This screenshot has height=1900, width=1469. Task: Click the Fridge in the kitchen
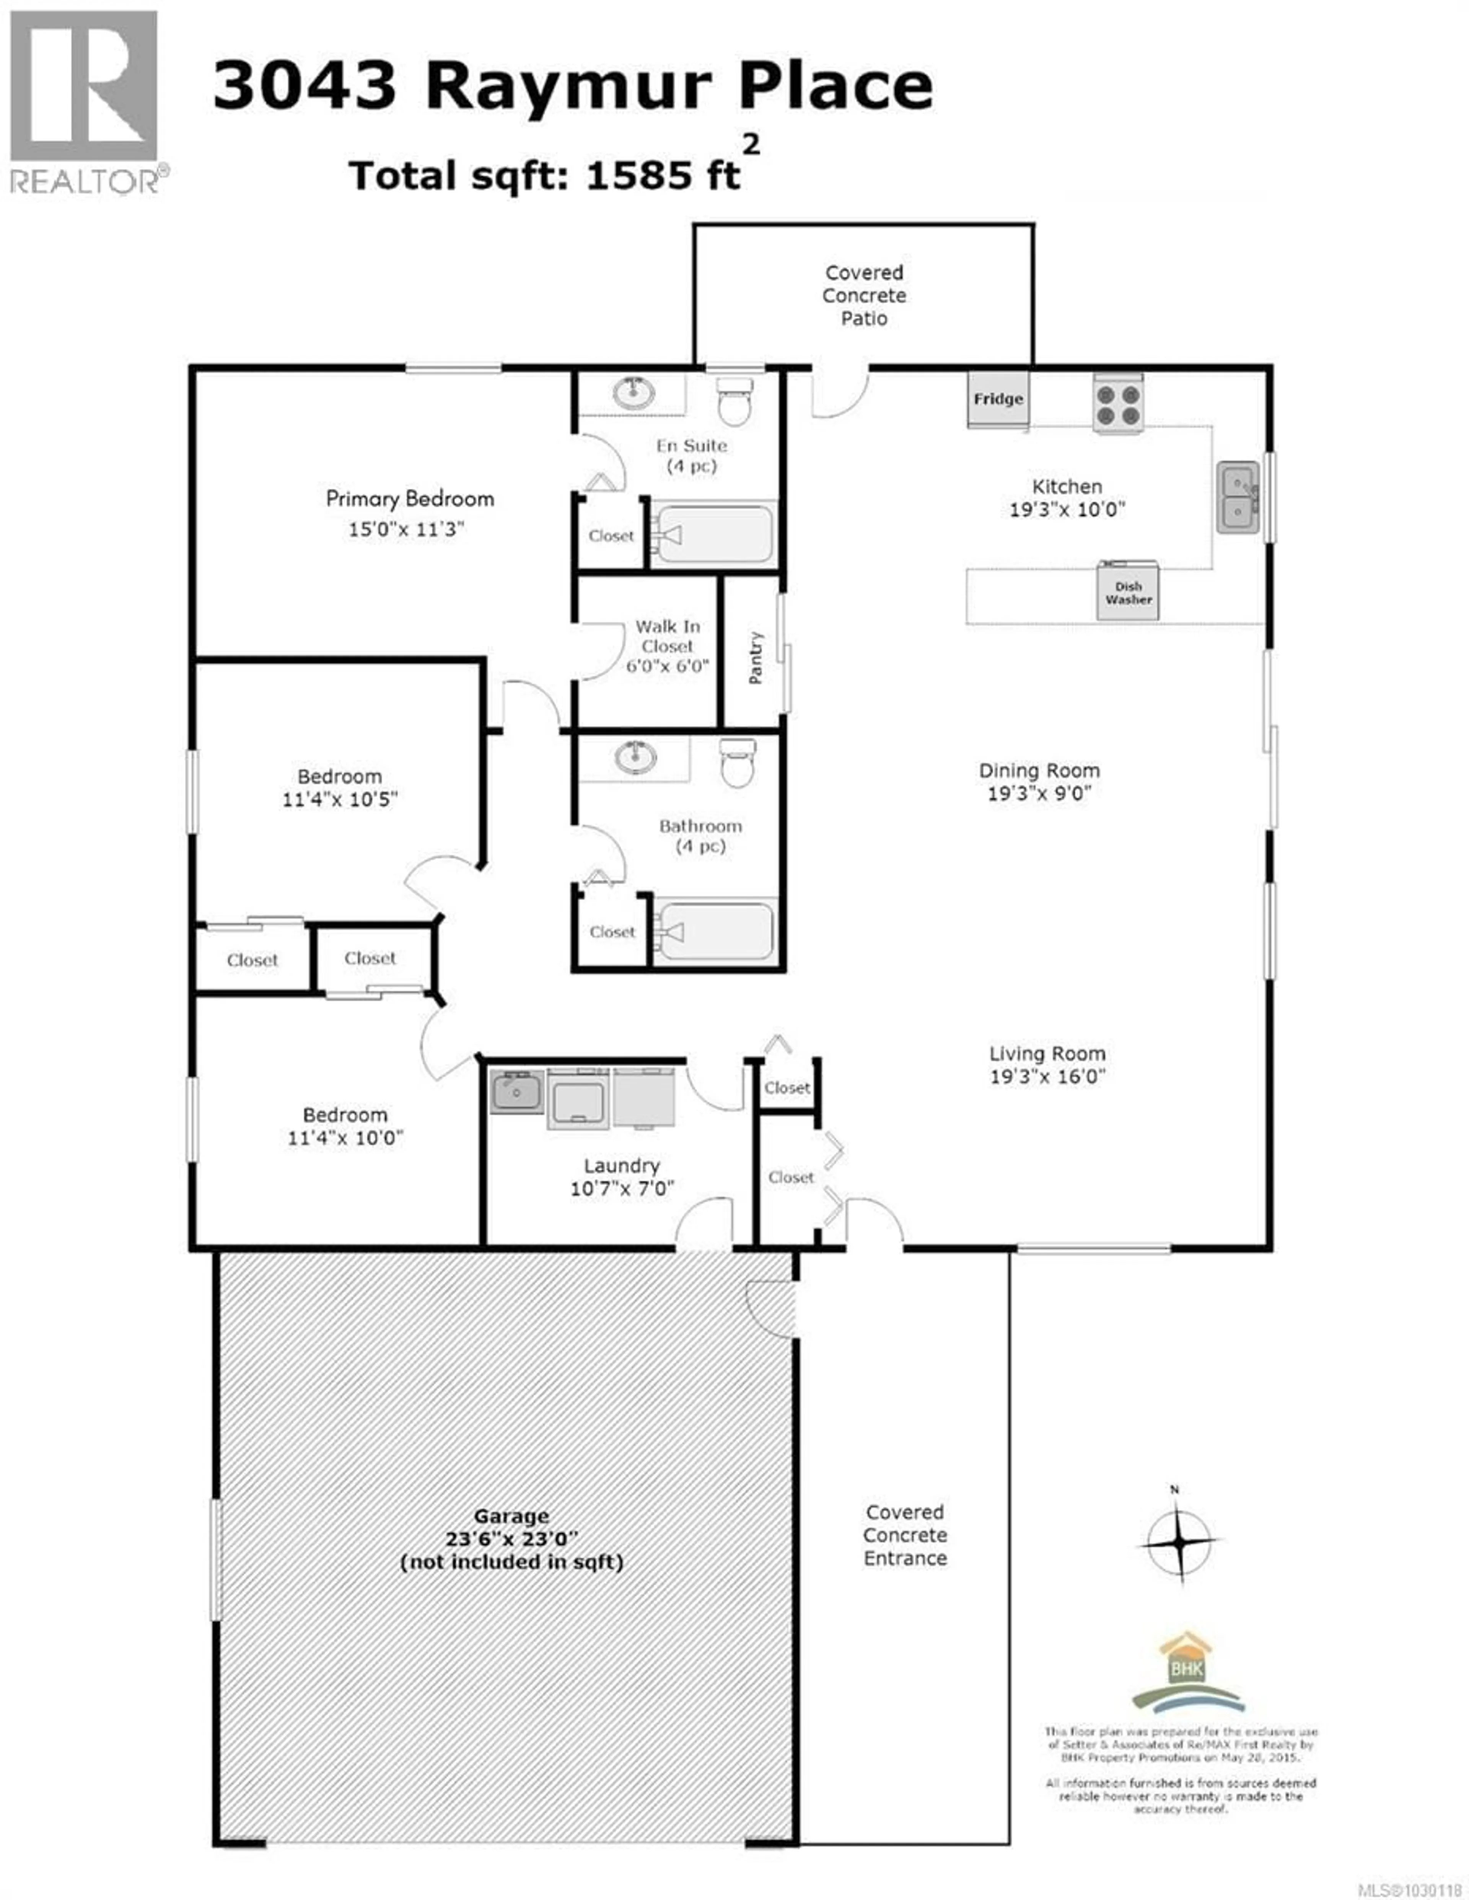(998, 399)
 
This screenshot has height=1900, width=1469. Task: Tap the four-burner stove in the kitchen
(1117, 404)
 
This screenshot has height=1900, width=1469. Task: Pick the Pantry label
(755, 658)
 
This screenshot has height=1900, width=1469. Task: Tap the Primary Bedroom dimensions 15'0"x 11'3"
(406, 529)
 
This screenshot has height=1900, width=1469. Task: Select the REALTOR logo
(85, 100)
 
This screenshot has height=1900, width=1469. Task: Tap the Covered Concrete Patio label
(864, 296)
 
